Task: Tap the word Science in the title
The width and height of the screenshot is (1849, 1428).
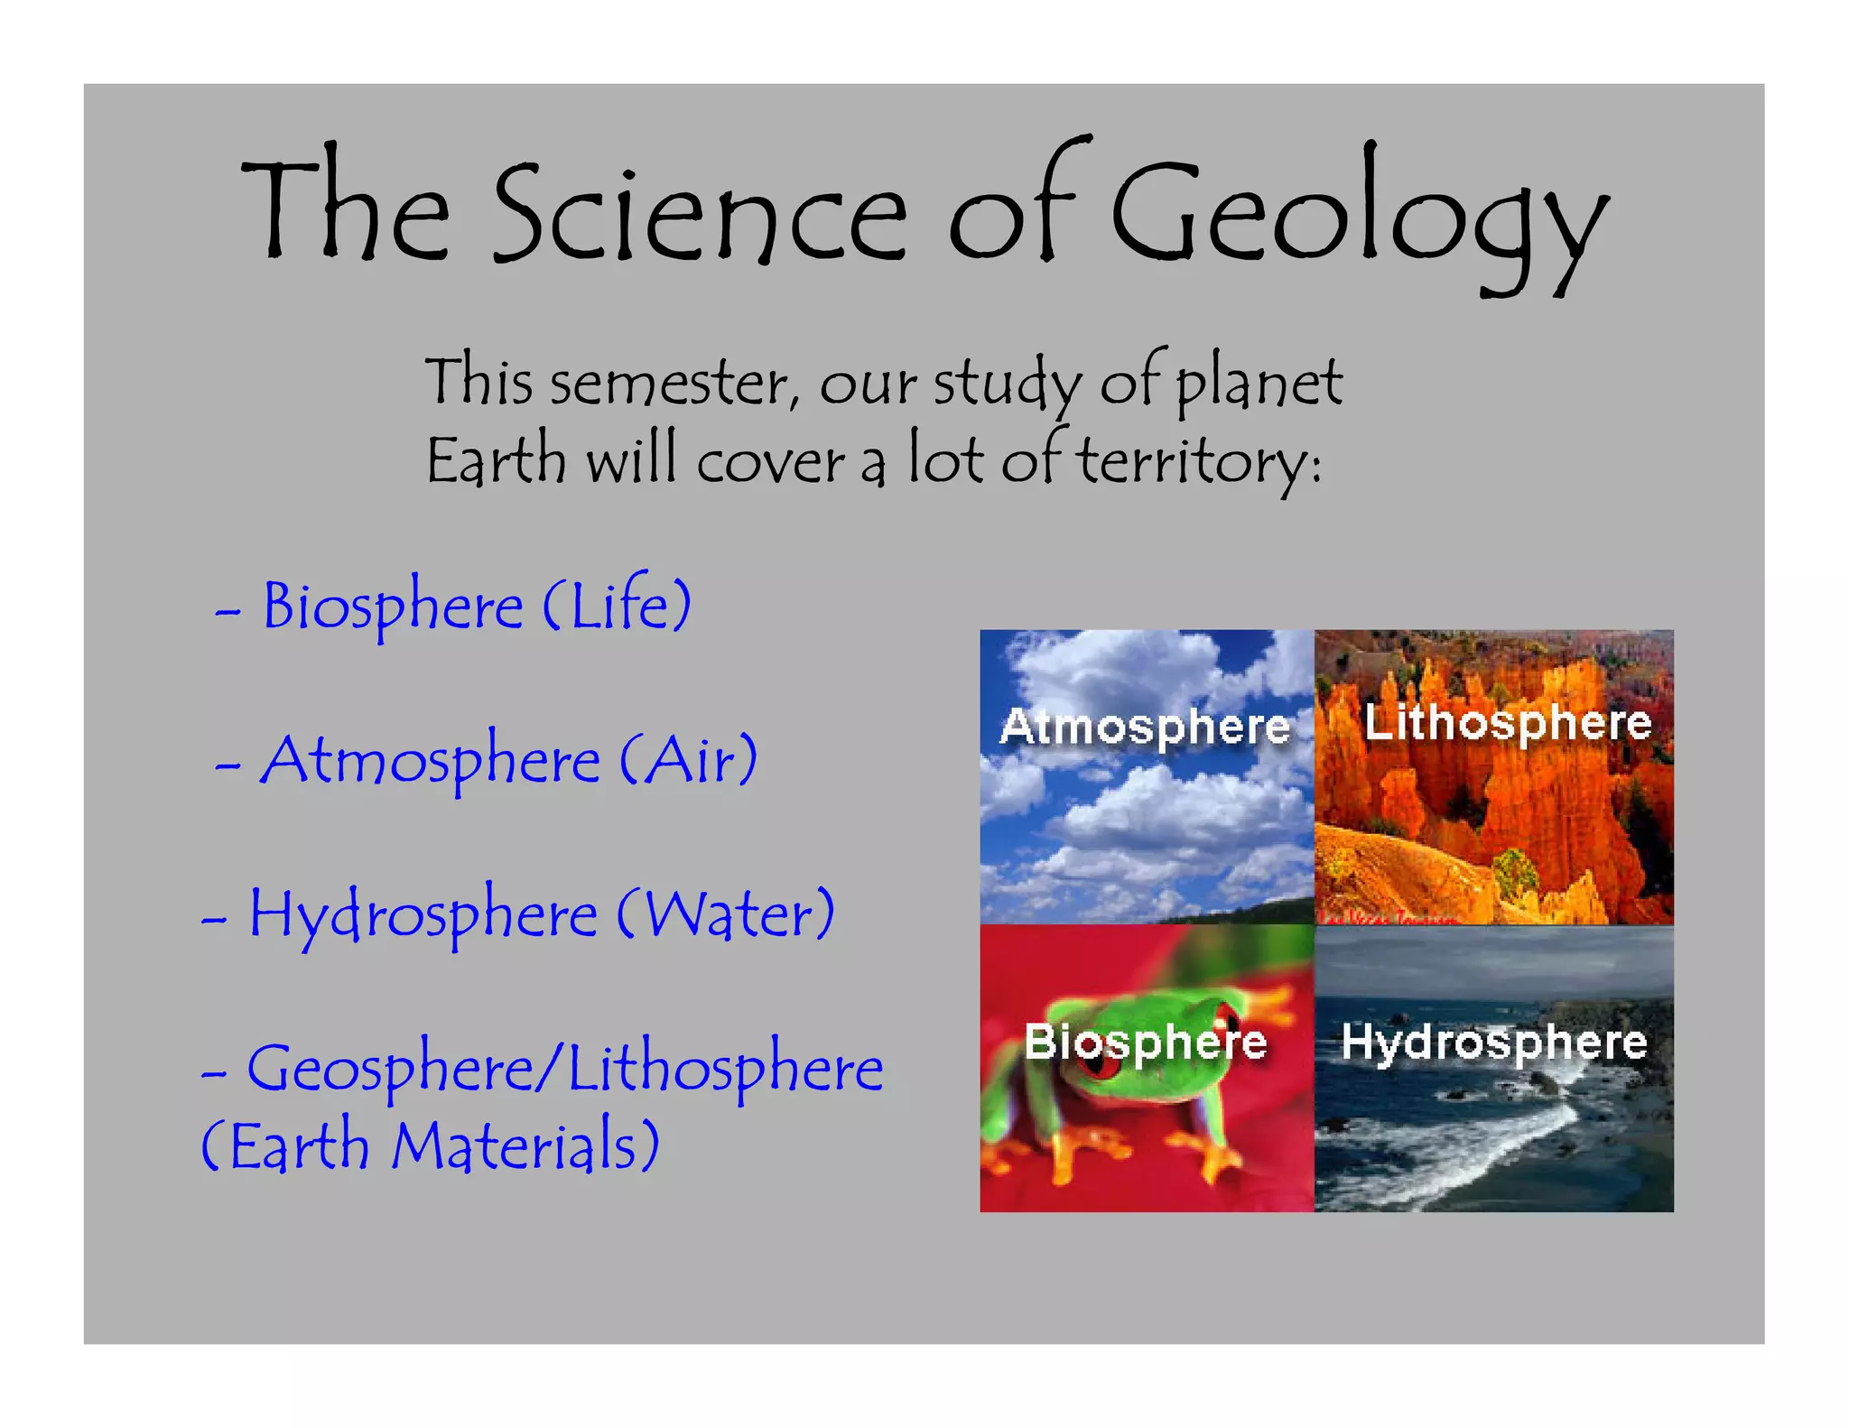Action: point(700,217)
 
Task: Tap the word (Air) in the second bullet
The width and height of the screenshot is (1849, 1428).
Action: point(688,760)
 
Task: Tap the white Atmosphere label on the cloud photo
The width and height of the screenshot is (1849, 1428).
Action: point(1145,727)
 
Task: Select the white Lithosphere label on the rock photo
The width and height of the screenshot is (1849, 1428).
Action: point(1507,722)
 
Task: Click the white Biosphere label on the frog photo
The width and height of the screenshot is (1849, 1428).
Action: point(1145,1043)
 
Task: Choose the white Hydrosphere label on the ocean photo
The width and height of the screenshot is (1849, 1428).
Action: point(1494,1043)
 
